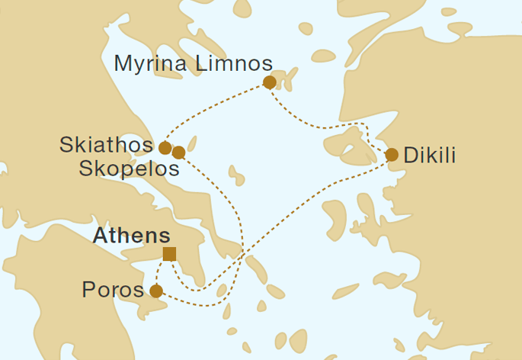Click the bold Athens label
point(131,236)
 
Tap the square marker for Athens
point(169,254)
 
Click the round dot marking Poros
point(155,291)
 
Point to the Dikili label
point(430,156)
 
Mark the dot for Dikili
point(392,155)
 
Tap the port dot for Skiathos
point(165,147)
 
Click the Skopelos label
point(130,169)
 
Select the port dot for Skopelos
point(178,153)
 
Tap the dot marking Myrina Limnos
point(268,82)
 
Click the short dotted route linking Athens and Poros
point(158,271)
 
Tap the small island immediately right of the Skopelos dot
point(191,143)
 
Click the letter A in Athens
point(99,236)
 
